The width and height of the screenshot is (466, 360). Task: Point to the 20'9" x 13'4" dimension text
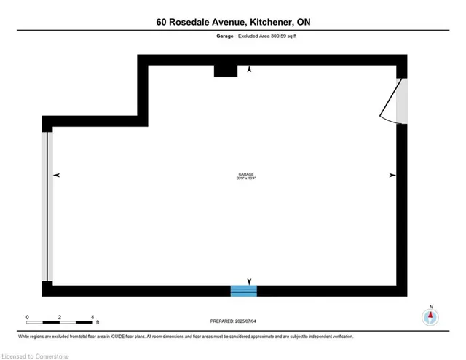click(x=245, y=179)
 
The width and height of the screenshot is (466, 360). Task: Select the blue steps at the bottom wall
click(x=244, y=291)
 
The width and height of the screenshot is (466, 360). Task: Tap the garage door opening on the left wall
click(x=48, y=206)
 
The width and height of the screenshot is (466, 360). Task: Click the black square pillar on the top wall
click(x=226, y=70)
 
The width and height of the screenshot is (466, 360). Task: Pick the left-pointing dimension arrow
click(x=57, y=175)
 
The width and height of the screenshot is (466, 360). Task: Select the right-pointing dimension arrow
click(x=392, y=175)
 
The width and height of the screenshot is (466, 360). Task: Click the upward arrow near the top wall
click(x=250, y=69)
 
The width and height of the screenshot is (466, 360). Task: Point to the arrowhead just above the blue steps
click(x=250, y=281)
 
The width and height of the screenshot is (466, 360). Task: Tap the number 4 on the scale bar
click(x=92, y=318)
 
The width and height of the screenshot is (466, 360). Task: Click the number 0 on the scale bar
click(x=28, y=318)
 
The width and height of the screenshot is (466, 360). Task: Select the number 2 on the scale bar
click(x=60, y=318)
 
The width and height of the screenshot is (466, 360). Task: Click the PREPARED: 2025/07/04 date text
click(x=233, y=321)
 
